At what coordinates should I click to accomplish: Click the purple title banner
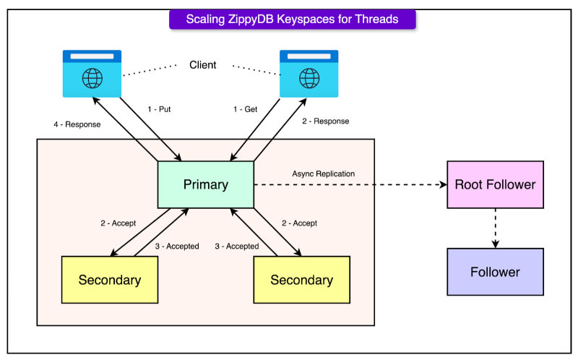pos(292,20)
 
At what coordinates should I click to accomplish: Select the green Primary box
pos(206,184)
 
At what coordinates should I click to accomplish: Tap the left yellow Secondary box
pos(110,279)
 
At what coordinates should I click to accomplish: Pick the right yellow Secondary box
pos(301,279)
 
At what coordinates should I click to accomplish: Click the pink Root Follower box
pos(495,184)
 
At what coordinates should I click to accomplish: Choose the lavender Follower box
pos(495,272)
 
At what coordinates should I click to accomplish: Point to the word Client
pos(202,65)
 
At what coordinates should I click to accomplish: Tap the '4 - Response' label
pos(77,124)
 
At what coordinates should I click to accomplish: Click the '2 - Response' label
pos(325,121)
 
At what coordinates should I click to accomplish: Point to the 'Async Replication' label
pos(323,173)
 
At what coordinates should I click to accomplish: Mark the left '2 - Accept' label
pos(118,223)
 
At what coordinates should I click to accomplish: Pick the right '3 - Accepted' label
pos(237,246)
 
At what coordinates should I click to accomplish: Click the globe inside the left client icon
pos(92,77)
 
